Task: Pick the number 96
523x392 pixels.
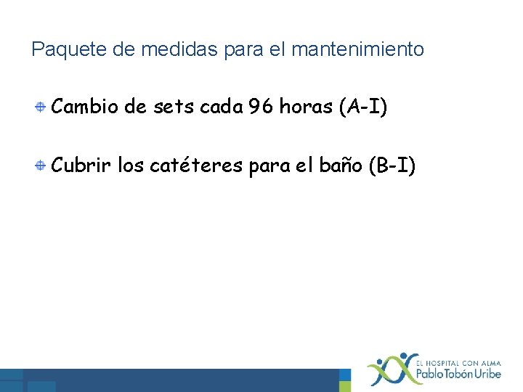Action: pos(261,108)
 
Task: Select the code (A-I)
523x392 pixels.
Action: pos(363,108)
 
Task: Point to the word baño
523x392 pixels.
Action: pos(341,166)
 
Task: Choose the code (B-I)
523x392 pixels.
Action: pos(392,166)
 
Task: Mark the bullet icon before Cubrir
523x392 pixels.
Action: pos(43,166)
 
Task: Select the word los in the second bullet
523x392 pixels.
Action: pos(130,166)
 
